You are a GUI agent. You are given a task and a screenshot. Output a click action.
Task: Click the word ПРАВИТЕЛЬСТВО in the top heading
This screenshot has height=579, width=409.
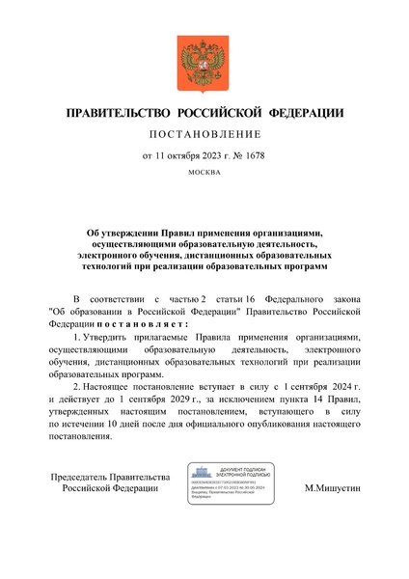point(115,113)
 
